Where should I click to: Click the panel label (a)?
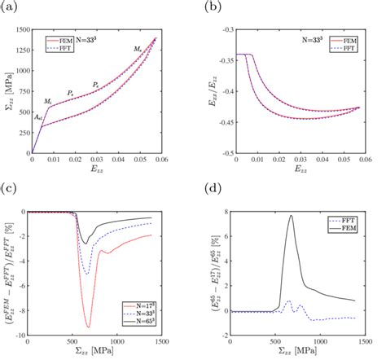(9, 7)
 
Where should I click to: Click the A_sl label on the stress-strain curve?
(38, 117)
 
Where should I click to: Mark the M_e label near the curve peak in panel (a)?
(138, 50)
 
